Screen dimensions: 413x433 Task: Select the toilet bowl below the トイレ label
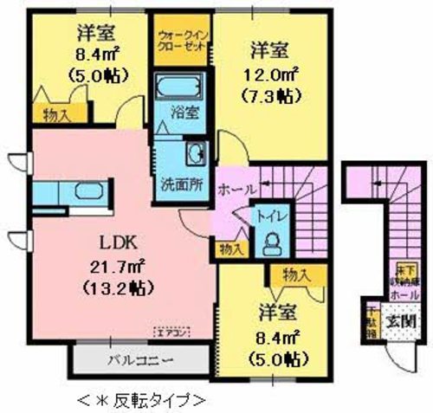270,241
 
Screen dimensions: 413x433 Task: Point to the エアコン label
171,331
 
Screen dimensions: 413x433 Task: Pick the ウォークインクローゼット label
181,40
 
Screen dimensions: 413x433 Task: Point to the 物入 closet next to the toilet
229,250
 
